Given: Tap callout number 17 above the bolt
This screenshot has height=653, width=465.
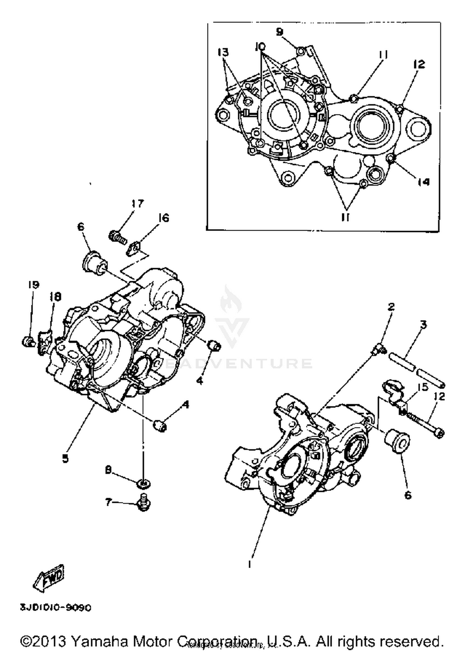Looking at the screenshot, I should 138,204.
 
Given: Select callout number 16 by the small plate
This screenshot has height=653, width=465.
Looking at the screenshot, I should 163,218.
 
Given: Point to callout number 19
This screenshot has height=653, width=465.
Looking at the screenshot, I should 33,285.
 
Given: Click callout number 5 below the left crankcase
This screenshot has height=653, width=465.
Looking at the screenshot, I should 65,459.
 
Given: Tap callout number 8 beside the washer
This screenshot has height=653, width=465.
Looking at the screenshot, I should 108,471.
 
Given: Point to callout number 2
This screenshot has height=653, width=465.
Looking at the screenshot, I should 391,307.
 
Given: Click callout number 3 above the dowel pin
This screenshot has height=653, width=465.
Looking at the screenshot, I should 423,324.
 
